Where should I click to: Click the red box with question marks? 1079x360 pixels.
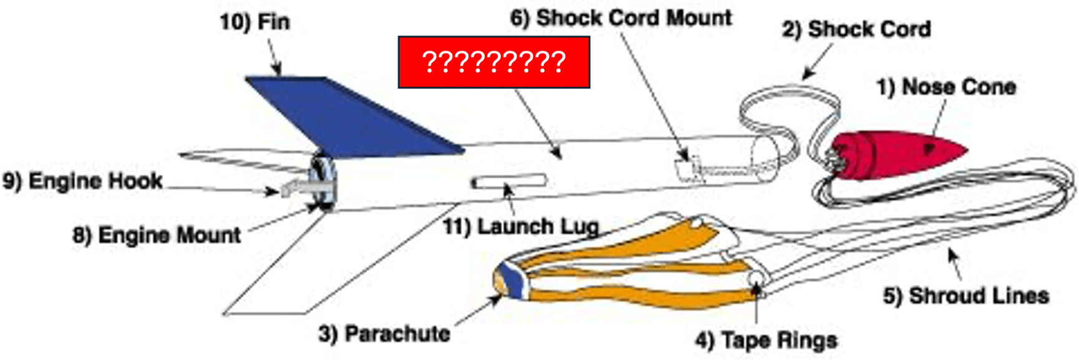(494, 62)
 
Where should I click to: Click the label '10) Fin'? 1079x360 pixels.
(255, 22)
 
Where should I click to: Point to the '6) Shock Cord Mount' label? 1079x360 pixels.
(621, 18)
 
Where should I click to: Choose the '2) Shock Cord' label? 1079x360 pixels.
(856, 29)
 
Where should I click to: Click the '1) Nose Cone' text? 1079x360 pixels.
(946, 87)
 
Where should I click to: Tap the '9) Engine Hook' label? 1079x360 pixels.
(82, 181)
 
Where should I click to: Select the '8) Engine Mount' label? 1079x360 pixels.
(157, 235)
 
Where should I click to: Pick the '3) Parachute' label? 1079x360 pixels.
(384, 334)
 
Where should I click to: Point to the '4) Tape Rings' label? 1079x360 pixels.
(766, 341)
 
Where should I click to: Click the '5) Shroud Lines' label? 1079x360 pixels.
(966, 296)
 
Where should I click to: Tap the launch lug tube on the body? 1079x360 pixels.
(509, 182)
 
